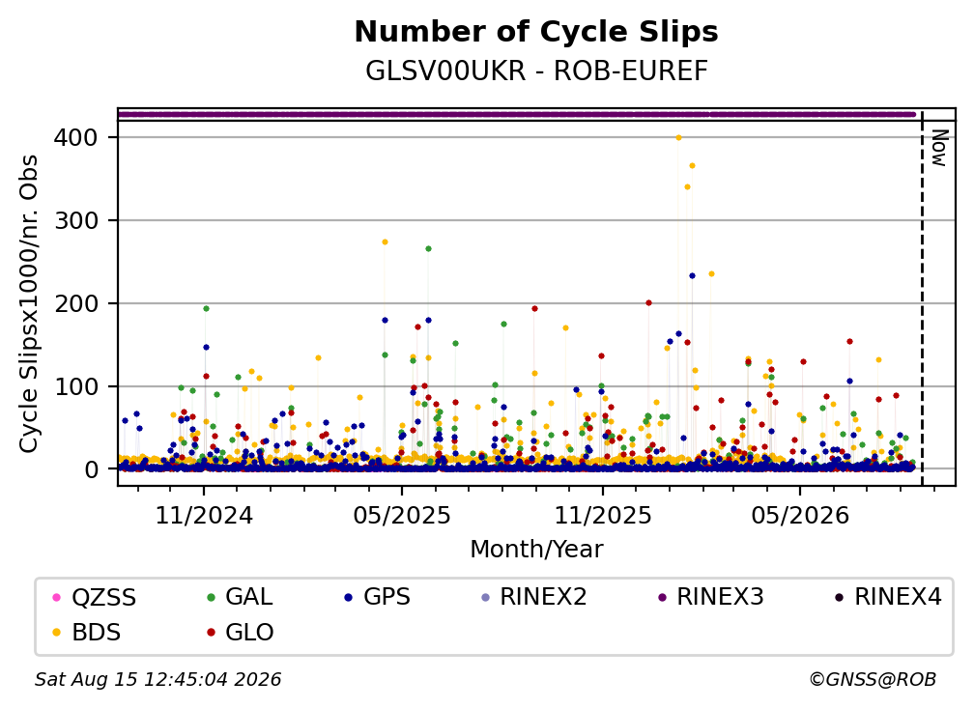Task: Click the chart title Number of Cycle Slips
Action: (536, 32)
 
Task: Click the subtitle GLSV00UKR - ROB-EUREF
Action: (536, 71)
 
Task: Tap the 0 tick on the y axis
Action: (91, 469)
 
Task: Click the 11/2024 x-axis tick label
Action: (204, 515)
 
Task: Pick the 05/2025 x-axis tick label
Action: (402, 515)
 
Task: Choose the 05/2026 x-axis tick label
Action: (799, 515)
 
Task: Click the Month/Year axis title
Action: (536, 550)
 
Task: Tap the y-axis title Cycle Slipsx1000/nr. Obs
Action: (29, 304)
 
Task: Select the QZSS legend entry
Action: (95, 597)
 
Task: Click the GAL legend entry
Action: (240, 597)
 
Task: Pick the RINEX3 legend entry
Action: (710, 597)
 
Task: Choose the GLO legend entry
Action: (240, 632)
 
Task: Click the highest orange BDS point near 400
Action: (678, 138)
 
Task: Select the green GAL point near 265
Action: (428, 249)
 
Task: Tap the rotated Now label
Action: (940, 148)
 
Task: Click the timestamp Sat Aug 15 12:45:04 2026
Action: (158, 680)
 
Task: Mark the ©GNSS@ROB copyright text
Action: (873, 680)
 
